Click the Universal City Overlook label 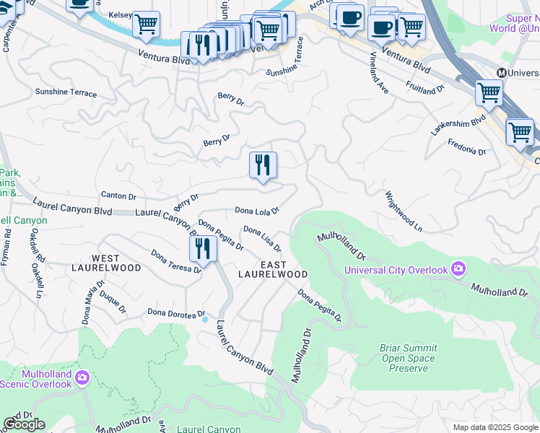(x=396, y=270)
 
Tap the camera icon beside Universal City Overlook (x=458, y=270)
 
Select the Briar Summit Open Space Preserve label (x=409, y=358)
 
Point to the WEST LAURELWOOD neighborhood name (x=116, y=263)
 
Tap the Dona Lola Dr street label (x=257, y=211)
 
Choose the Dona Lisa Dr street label (x=261, y=239)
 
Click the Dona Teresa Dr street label (x=176, y=261)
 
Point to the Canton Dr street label (x=118, y=196)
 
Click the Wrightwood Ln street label (x=404, y=211)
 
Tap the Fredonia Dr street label (x=467, y=147)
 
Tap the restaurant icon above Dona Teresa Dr (x=203, y=249)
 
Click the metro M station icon (x=502, y=73)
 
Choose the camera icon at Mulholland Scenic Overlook (x=82, y=377)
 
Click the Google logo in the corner (x=24, y=424)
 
